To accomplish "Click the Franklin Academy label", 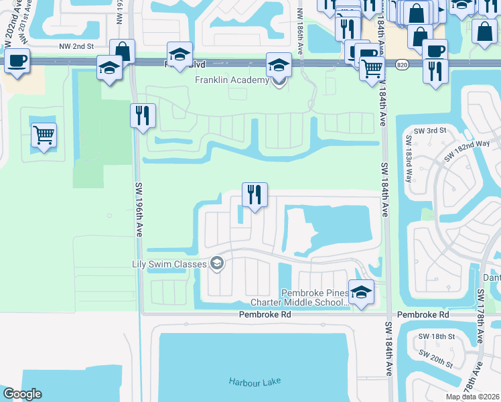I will [231, 80].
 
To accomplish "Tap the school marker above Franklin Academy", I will [279, 65].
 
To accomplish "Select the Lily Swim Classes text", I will [170, 264].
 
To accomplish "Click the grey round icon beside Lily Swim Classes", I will [216, 264].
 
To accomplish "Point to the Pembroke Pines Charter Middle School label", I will [315, 297].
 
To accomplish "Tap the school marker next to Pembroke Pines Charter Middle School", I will [361, 293].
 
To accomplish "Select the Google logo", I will [21, 394].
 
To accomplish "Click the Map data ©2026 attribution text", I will [473, 397].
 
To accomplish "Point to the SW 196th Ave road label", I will [138, 214].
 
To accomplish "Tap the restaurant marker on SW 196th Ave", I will [143, 116].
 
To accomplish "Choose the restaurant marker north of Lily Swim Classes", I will [255, 195].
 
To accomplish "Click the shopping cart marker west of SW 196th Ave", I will [44, 135].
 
